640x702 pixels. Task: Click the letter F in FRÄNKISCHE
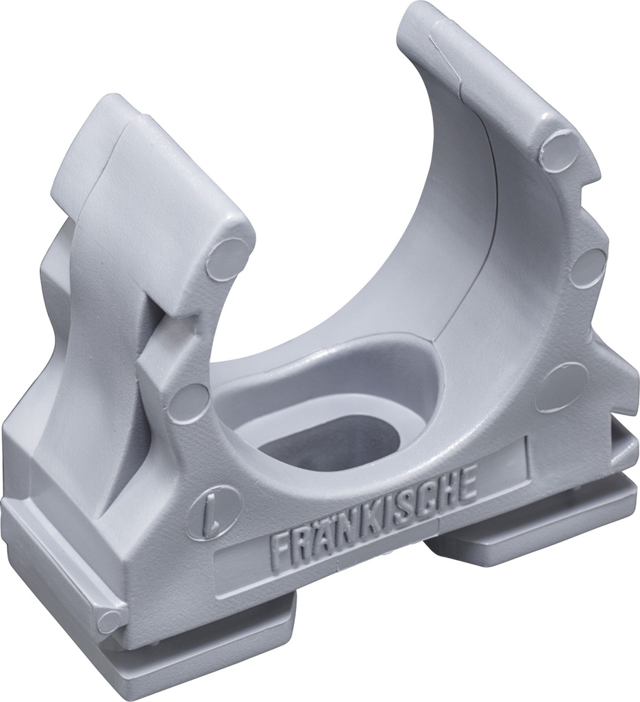[280, 546]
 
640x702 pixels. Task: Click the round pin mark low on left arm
[188, 403]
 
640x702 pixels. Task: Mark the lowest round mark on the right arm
[562, 387]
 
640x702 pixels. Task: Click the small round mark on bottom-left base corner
[110, 620]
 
